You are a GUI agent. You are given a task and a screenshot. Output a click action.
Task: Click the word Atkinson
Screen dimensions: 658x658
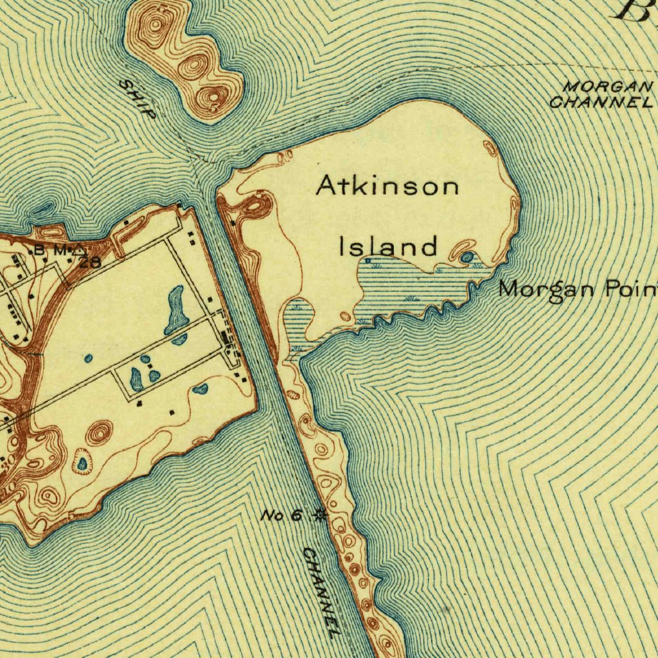click(x=388, y=186)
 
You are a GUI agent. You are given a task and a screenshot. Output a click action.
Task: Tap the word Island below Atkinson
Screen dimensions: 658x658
click(x=388, y=246)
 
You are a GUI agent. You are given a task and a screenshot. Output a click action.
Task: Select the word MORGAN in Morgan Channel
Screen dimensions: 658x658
click(x=607, y=86)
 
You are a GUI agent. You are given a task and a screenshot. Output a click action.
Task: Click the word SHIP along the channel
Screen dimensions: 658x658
click(x=137, y=100)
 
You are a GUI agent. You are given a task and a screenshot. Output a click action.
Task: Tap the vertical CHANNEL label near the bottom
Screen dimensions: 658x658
click(x=321, y=591)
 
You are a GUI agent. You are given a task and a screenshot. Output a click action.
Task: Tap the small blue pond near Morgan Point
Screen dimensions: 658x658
click(x=467, y=258)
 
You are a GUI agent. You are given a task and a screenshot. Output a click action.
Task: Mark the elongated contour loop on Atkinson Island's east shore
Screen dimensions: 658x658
click(x=513, y=209)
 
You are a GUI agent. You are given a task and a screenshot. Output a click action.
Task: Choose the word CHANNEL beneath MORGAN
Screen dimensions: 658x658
click(x=601, y=102)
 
